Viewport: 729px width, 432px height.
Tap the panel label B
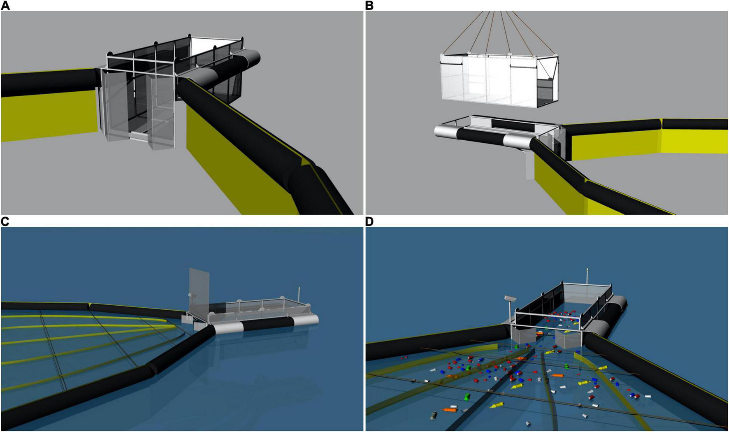[x=369, y=5]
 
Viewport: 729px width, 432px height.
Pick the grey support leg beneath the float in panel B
[x=529, y=165]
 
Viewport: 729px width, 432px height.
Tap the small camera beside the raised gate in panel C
[x=190, y=295]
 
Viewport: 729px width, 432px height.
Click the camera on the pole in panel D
[x=510, y=298]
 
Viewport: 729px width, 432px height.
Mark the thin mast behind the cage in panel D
[x=587, y=276]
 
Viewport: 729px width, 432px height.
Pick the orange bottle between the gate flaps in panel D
[x=539, y=333]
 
